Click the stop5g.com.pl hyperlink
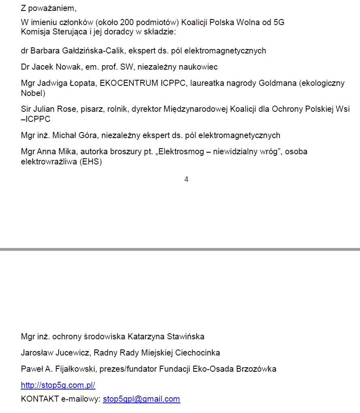58,385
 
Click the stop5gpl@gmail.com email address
141,399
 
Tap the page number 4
186,179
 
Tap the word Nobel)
33,93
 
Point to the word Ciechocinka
198,353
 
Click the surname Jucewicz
71,353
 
